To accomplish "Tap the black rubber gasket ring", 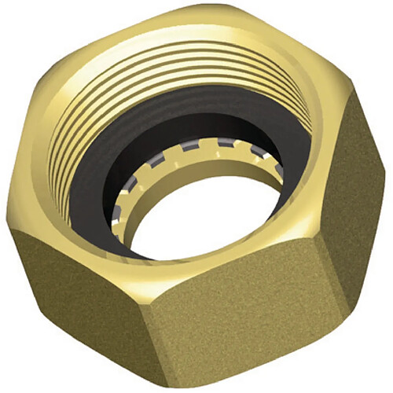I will [102, 196].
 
